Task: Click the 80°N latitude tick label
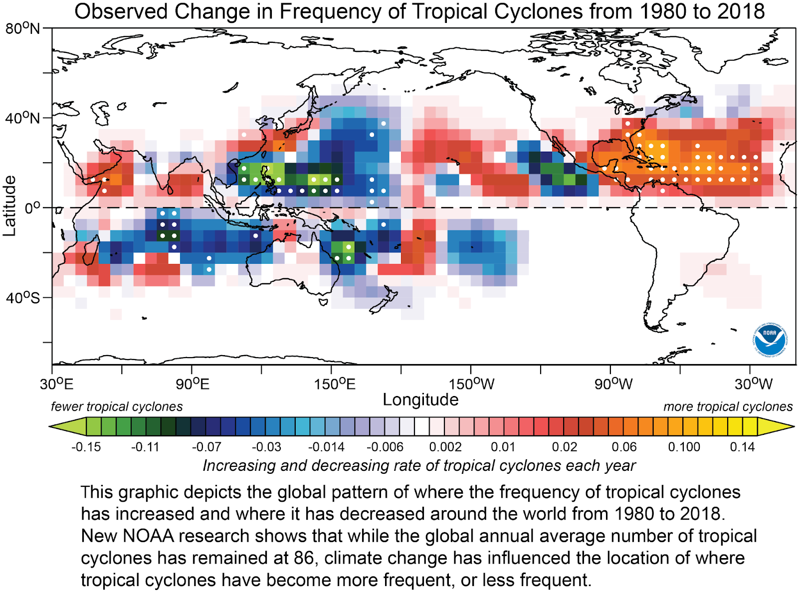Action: coord(23,29)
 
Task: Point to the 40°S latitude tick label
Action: coord(23,298)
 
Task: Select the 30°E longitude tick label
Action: coord(57,384)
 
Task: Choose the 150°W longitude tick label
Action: coord(471,384)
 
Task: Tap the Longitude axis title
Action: coord(420,399)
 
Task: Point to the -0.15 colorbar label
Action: coord(86,447)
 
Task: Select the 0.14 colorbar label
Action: coord(742,447)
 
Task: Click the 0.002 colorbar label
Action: coord(445,447)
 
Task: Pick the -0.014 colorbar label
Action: coord(326,447)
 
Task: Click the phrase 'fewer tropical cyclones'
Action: coord(117,406)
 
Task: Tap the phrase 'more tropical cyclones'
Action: coord(728,406)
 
